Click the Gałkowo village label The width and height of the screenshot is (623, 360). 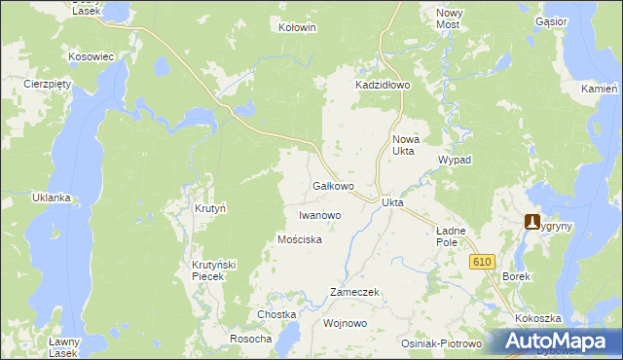pyautogui.click(x=332, y=185)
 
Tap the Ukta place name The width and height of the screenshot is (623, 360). pyautogui.click(x=392, y=202)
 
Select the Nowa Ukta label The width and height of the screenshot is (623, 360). pyautogui.click(x=403, y=145)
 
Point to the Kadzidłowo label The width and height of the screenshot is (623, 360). pyautogui.click(x=383, y=86)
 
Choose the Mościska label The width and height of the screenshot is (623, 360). pyautogui.click(x=299, y=239)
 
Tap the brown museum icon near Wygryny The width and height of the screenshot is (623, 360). pyautogui.click(x=531, y=221)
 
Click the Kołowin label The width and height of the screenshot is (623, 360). pyautogui.click(x=298, y=28)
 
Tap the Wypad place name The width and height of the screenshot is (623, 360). pyautogui.click(x=455, y=160)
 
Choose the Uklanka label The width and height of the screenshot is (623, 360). pyautogui.click(x=52, y=198)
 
